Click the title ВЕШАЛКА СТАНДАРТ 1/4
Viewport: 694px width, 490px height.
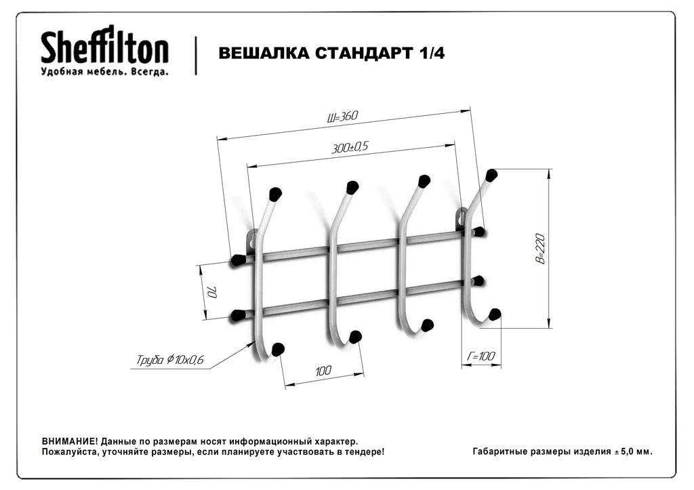pos(331,53)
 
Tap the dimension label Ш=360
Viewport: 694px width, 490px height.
pos(342,117)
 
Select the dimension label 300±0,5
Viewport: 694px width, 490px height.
pos(350,147)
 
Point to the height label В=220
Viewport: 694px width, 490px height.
pos(540,248)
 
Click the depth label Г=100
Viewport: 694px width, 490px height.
pos(481,356)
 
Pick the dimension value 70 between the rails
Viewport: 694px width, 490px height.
pos(211,292)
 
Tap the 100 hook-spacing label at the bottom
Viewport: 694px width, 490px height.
pos(323,371)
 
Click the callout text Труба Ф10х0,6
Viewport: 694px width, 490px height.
pos(169,359)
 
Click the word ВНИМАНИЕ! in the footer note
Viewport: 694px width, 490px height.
pos(70,441)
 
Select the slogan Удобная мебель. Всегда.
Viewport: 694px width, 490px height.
pos(104,72)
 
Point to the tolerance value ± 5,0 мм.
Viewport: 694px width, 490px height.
pos(633,452)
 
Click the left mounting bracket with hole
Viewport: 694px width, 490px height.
pos(251,241)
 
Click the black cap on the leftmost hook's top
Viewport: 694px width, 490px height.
pos(275,194)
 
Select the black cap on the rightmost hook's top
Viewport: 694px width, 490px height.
pos(491,176)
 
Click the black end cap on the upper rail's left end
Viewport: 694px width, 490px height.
pos(238,260)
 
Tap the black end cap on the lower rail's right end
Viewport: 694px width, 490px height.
pos(478,281)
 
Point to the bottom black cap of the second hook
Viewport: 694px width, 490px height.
pos(355,338)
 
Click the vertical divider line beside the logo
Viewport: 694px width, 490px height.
pos(196,56)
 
